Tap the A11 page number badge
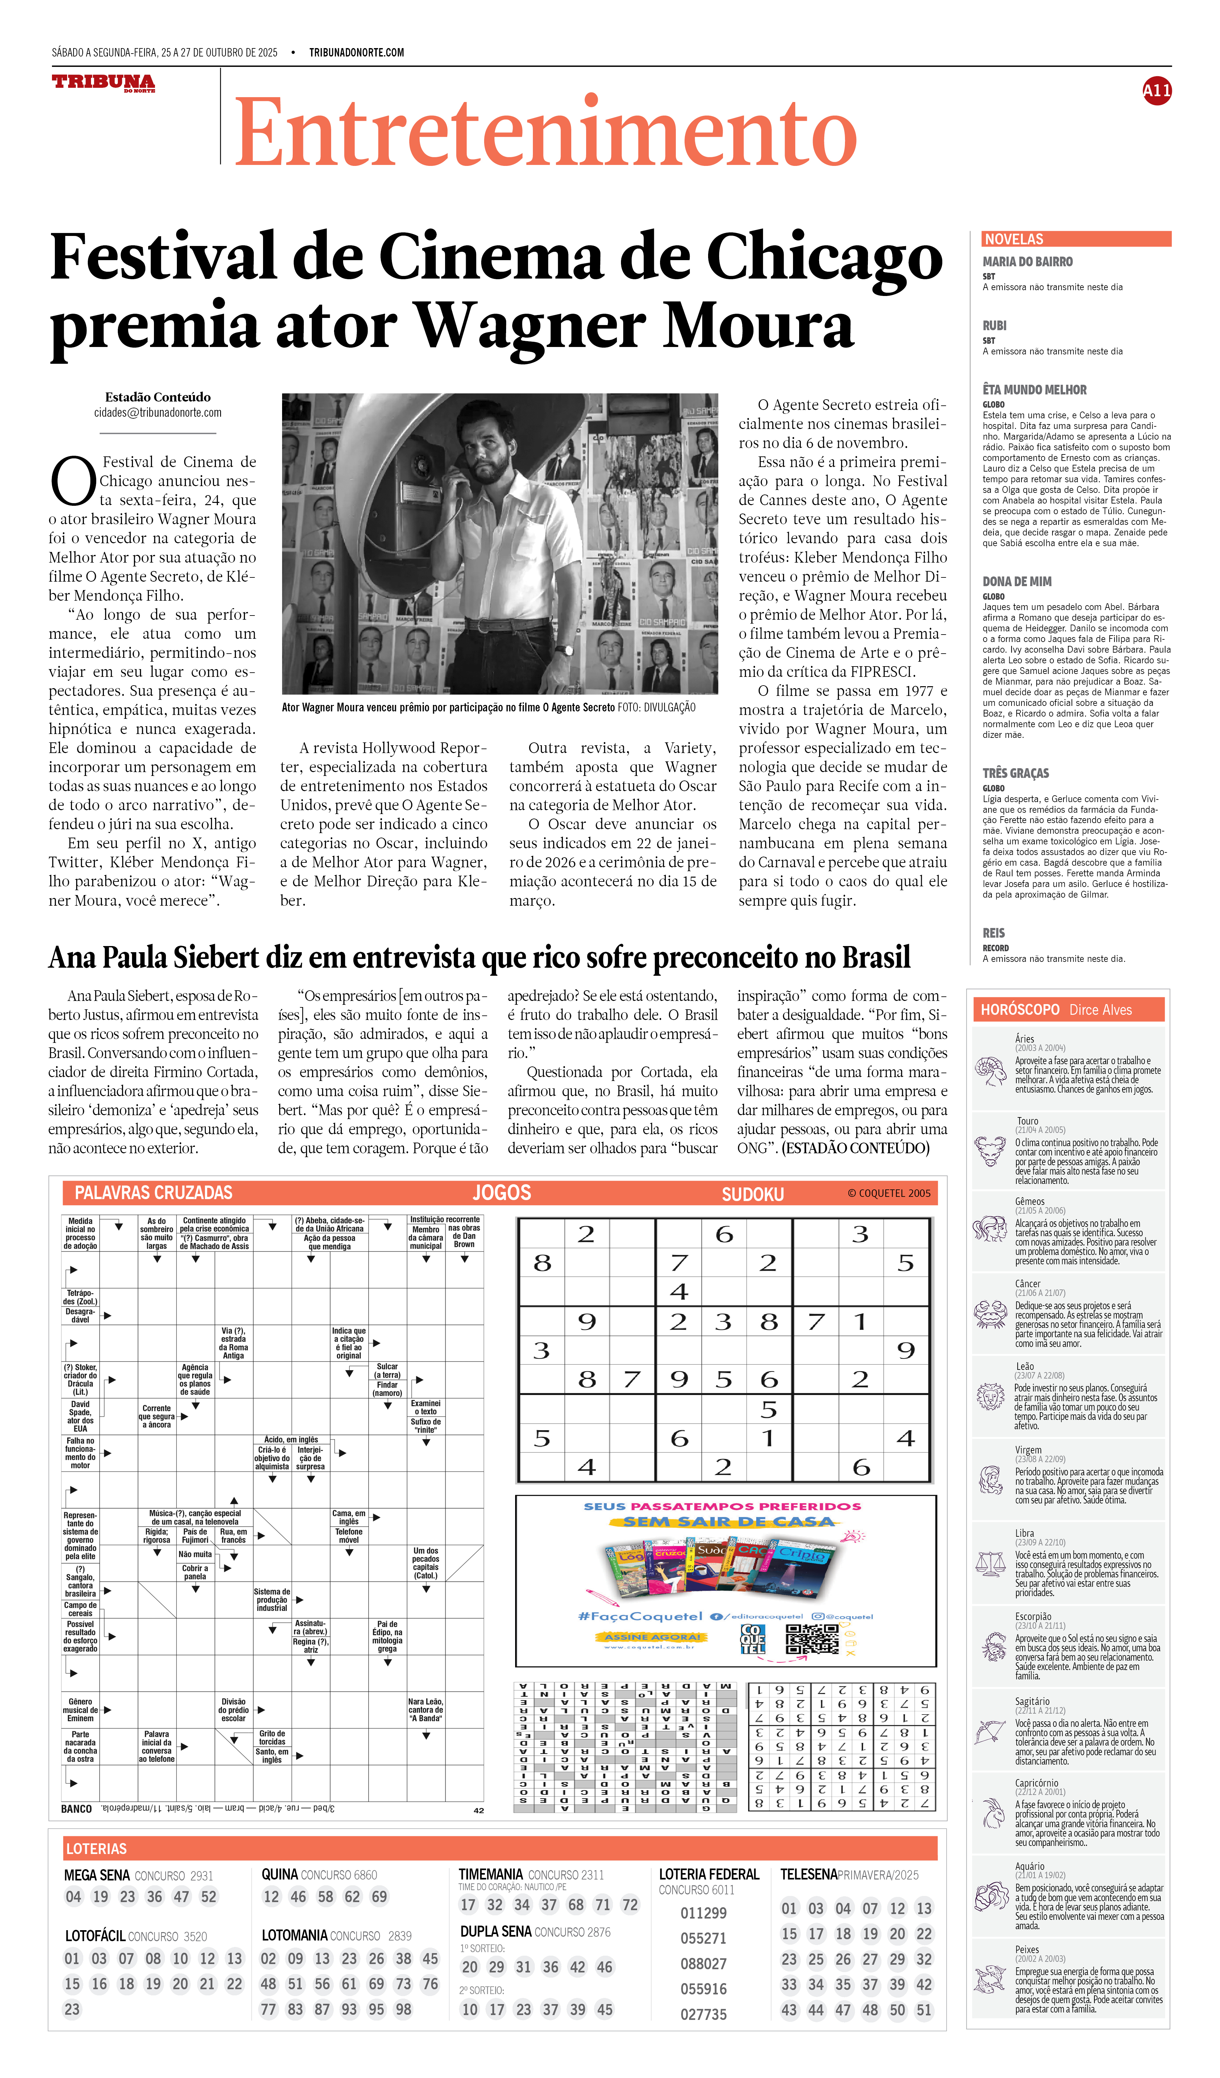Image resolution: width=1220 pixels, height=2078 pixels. tap(1156, 91)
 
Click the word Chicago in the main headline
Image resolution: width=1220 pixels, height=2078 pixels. tap(824, 257)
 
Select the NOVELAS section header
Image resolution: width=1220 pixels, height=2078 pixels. tap(1014, 239)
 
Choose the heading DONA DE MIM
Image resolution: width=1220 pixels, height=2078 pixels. tap(1016, 581)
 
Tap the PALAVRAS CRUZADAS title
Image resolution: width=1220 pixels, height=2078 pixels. tap(153, 1192)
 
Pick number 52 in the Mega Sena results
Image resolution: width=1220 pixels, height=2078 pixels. tap(208, 1897)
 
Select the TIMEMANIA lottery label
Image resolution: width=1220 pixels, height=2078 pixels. tap(491, 1874)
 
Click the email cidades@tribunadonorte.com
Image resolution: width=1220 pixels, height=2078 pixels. tap(158, 412)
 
